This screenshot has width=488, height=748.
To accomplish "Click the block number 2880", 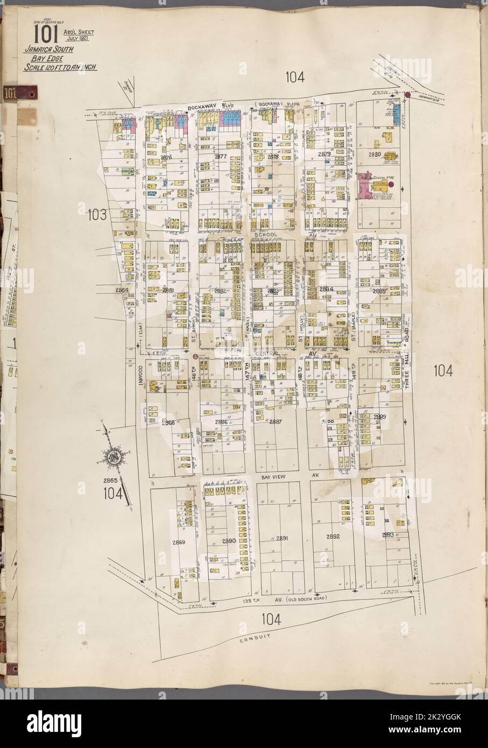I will [374, 154].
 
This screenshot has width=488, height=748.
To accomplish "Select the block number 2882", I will [220, 291].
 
